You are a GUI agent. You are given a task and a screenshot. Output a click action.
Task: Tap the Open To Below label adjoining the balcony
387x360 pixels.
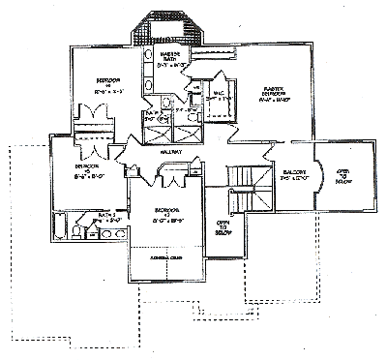pos(341,175)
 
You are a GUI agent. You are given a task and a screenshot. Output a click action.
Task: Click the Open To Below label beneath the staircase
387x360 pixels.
pos(222,227)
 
